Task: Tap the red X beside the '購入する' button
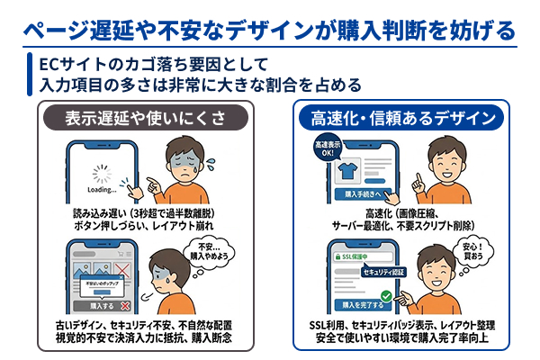click(x=136, y=306)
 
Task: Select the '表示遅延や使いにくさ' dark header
click(x=144, y=118)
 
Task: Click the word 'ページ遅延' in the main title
click(x=68, y=29)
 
